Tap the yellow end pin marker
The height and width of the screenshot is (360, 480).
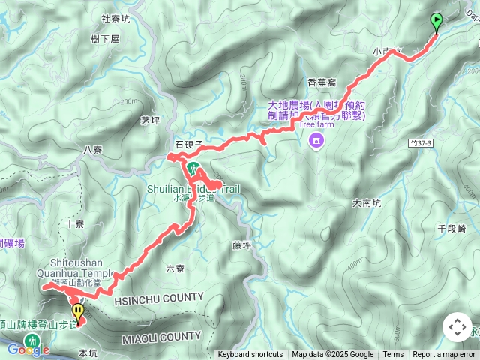[x=77, y=310]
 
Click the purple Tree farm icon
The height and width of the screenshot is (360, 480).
[x=316, y=140]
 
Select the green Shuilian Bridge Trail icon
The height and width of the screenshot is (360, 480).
[x=193, y=167]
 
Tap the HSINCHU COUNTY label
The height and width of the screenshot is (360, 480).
[x=159, y=298]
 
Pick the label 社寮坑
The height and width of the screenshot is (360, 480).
[x=115, y=19]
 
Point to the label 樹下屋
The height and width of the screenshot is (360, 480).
[x=104, y=39]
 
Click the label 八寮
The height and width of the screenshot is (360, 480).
[x=93, y=150]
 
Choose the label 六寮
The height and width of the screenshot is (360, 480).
[x=174, y=268]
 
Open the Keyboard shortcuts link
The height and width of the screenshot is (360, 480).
[x=250, y=355]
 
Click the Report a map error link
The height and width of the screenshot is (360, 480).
[x=444, y=355]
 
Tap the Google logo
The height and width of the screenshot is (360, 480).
[x=28, y=349]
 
